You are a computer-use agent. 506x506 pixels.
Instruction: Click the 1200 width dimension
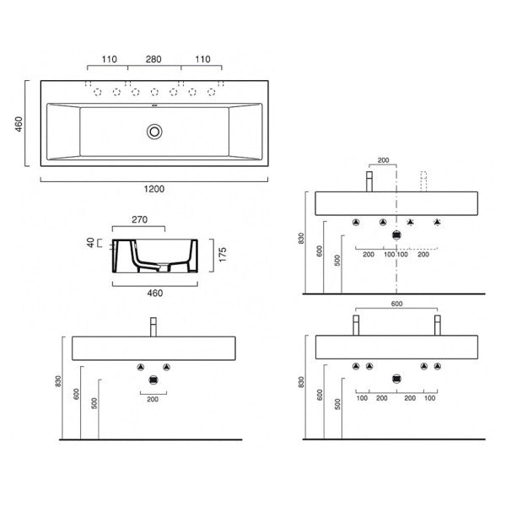153,190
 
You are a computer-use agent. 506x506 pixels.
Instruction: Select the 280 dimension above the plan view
153,60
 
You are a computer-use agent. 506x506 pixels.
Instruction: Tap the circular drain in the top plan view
153,131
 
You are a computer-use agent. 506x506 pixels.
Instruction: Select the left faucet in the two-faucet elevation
356,325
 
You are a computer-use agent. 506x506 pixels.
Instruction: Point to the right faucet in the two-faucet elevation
436,325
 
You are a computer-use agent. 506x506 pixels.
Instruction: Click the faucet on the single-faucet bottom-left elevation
153,326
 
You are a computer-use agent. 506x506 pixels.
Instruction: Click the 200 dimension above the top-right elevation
383,159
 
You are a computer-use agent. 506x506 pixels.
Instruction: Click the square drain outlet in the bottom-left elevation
153,380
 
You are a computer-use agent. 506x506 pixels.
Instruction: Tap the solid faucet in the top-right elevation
369,180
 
